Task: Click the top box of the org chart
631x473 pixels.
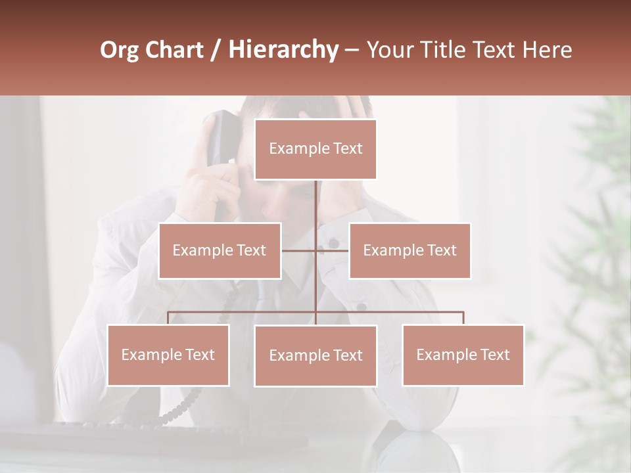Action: (x=315, y=149)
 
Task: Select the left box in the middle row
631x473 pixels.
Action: (x=220, y=250)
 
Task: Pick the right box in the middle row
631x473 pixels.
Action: (x=409, y=250)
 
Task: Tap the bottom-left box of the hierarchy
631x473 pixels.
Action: (x=168, y=355)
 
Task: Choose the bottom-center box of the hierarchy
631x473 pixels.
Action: (x=315, y=355)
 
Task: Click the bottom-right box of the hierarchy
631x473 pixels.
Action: (x=463, y=355)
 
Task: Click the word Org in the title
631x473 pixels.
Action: (x=119, y=50)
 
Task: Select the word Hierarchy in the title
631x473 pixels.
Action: (x=283, y=50)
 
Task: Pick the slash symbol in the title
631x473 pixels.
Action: (x=216, y=51)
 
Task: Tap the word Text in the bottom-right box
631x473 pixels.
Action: (x=494, y=355)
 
